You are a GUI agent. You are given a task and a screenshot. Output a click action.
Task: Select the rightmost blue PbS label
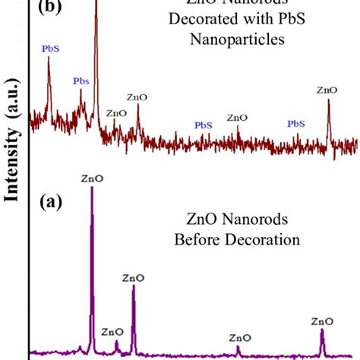(x=296, y=123)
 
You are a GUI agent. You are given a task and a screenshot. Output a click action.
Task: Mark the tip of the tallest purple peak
(x=92, y=188)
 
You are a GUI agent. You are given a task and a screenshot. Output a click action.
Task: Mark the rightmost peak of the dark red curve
(x=328, y=101)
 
